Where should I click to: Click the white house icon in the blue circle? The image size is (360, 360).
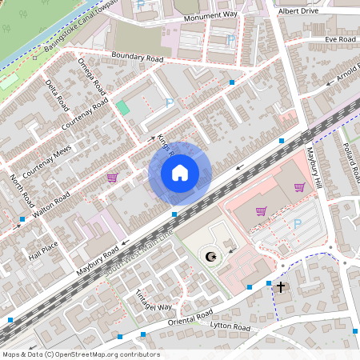(x=180, y=173)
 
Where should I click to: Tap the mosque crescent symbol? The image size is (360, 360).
(x=211, y=256)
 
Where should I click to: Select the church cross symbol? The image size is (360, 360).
(x=280, y=286)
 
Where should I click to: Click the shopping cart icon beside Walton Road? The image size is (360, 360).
(x=112, y=178)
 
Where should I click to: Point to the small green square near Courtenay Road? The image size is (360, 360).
(x=122, y=107)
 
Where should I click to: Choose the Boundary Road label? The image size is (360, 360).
(x=137, y=58)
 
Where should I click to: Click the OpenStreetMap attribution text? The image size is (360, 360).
(x=80, y=354)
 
